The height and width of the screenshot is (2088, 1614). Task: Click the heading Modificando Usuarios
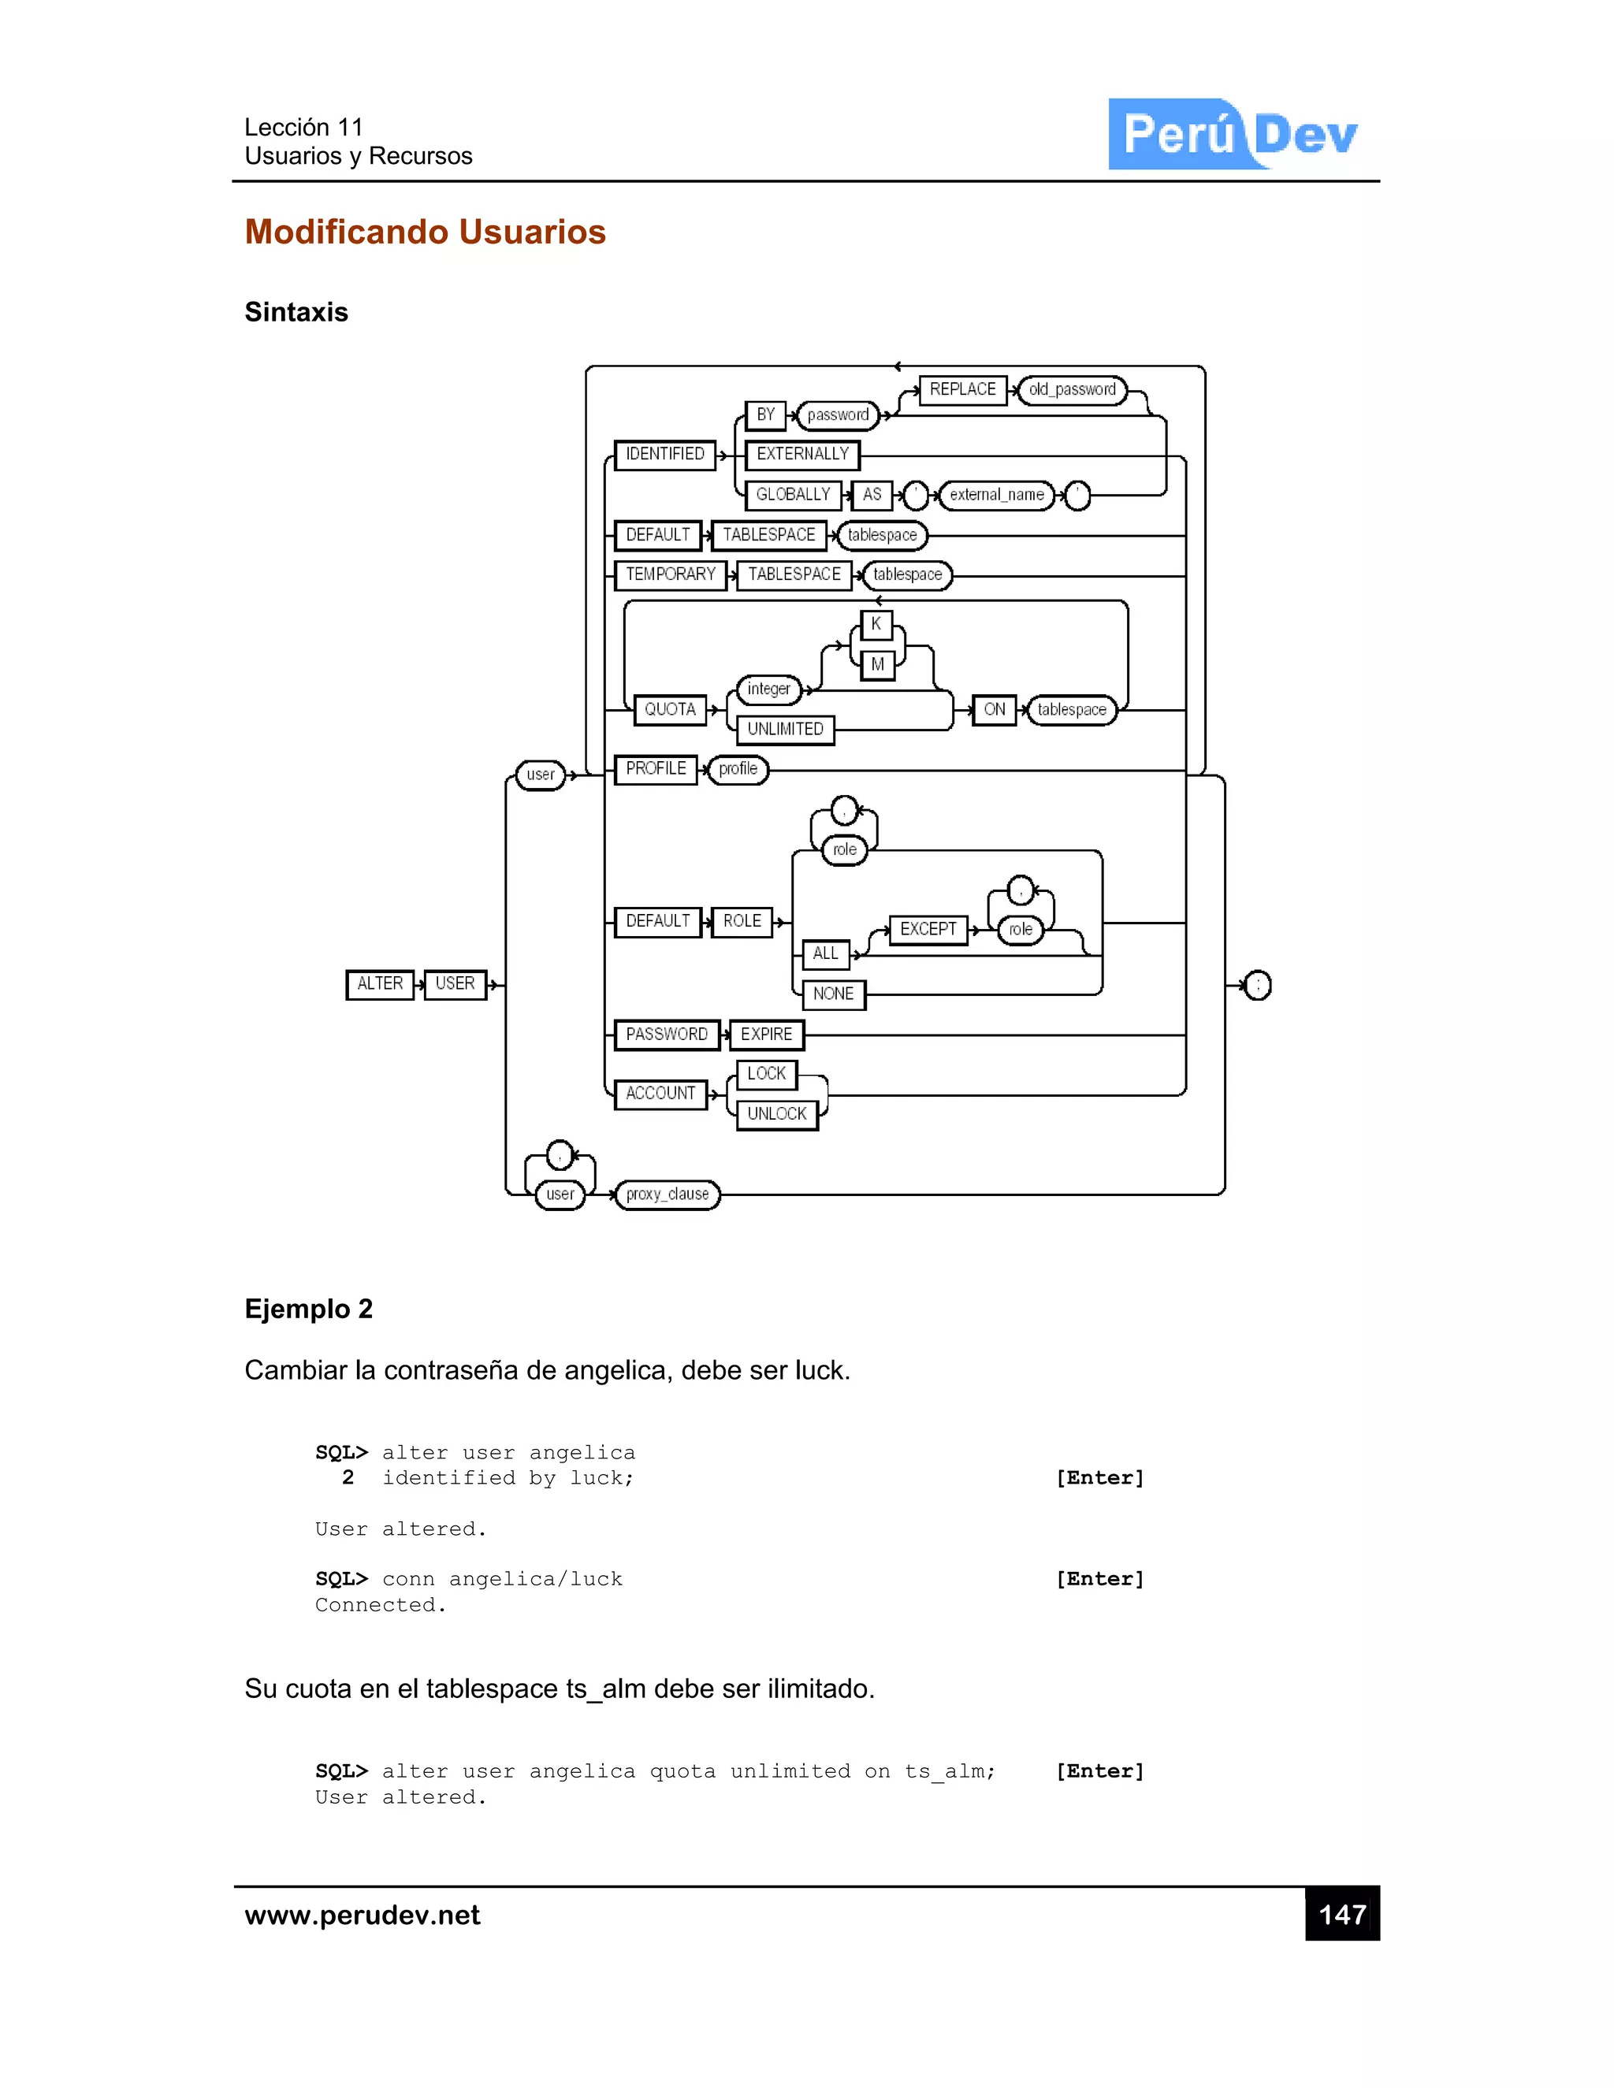pos(425,232)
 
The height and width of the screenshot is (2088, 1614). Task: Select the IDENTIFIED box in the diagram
pos(664,454)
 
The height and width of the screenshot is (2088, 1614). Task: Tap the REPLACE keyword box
pos(962,389)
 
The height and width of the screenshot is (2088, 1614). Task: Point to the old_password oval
pos(1072,390)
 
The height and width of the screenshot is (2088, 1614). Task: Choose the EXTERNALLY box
pos(802,454)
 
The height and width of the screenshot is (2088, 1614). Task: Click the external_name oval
pos(996,496)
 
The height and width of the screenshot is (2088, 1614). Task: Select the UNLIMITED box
pos(785,730)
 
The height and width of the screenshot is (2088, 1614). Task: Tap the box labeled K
pos(876,624)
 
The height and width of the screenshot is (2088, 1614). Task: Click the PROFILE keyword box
pos(656,769)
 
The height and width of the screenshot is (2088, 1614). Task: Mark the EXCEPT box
pos(928,929)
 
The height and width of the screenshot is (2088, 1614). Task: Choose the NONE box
pos(833,994)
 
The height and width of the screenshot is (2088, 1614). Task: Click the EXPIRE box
pos(766,1035)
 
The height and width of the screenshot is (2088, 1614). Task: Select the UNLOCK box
pos(776,1115)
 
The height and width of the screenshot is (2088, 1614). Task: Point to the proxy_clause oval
pos(668,1194)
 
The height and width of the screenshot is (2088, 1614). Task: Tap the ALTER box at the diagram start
pos(380,984)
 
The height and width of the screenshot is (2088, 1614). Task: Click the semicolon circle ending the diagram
pos(1257,985)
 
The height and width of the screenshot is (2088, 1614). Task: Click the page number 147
pos(1341,1915)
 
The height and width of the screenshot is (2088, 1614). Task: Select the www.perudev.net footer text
pos(363,1916)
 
